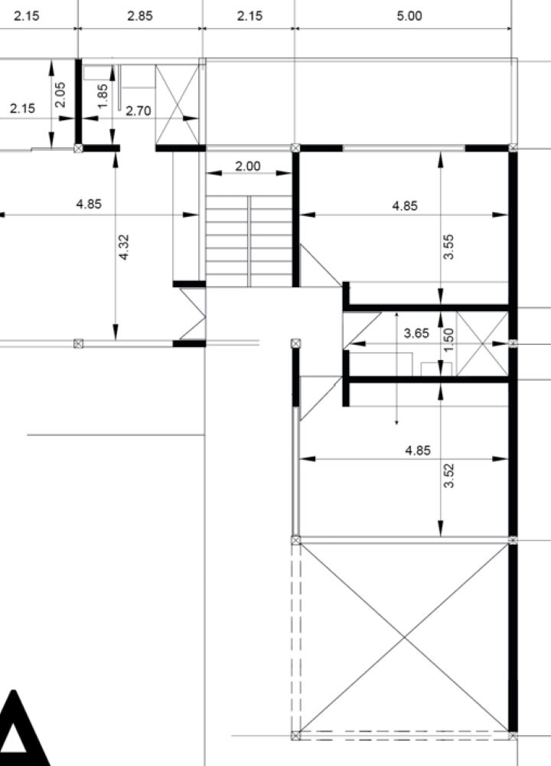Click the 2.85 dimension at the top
coord(140,15)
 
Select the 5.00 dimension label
coord(409,15)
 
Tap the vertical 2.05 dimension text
coord(60,94)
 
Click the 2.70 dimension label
coord(139,111)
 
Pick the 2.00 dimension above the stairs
coord(248,166)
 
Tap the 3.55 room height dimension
coord(449,246)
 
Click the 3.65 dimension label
coord(417,334)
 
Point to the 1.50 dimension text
coord(449,339)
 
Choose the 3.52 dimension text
coord(449,476)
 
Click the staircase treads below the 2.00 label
coord(249,241)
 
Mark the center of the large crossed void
coord(405,637)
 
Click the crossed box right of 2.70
coord(177,104)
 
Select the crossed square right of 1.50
coord(482,344)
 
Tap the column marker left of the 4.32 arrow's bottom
coord(78,343)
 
